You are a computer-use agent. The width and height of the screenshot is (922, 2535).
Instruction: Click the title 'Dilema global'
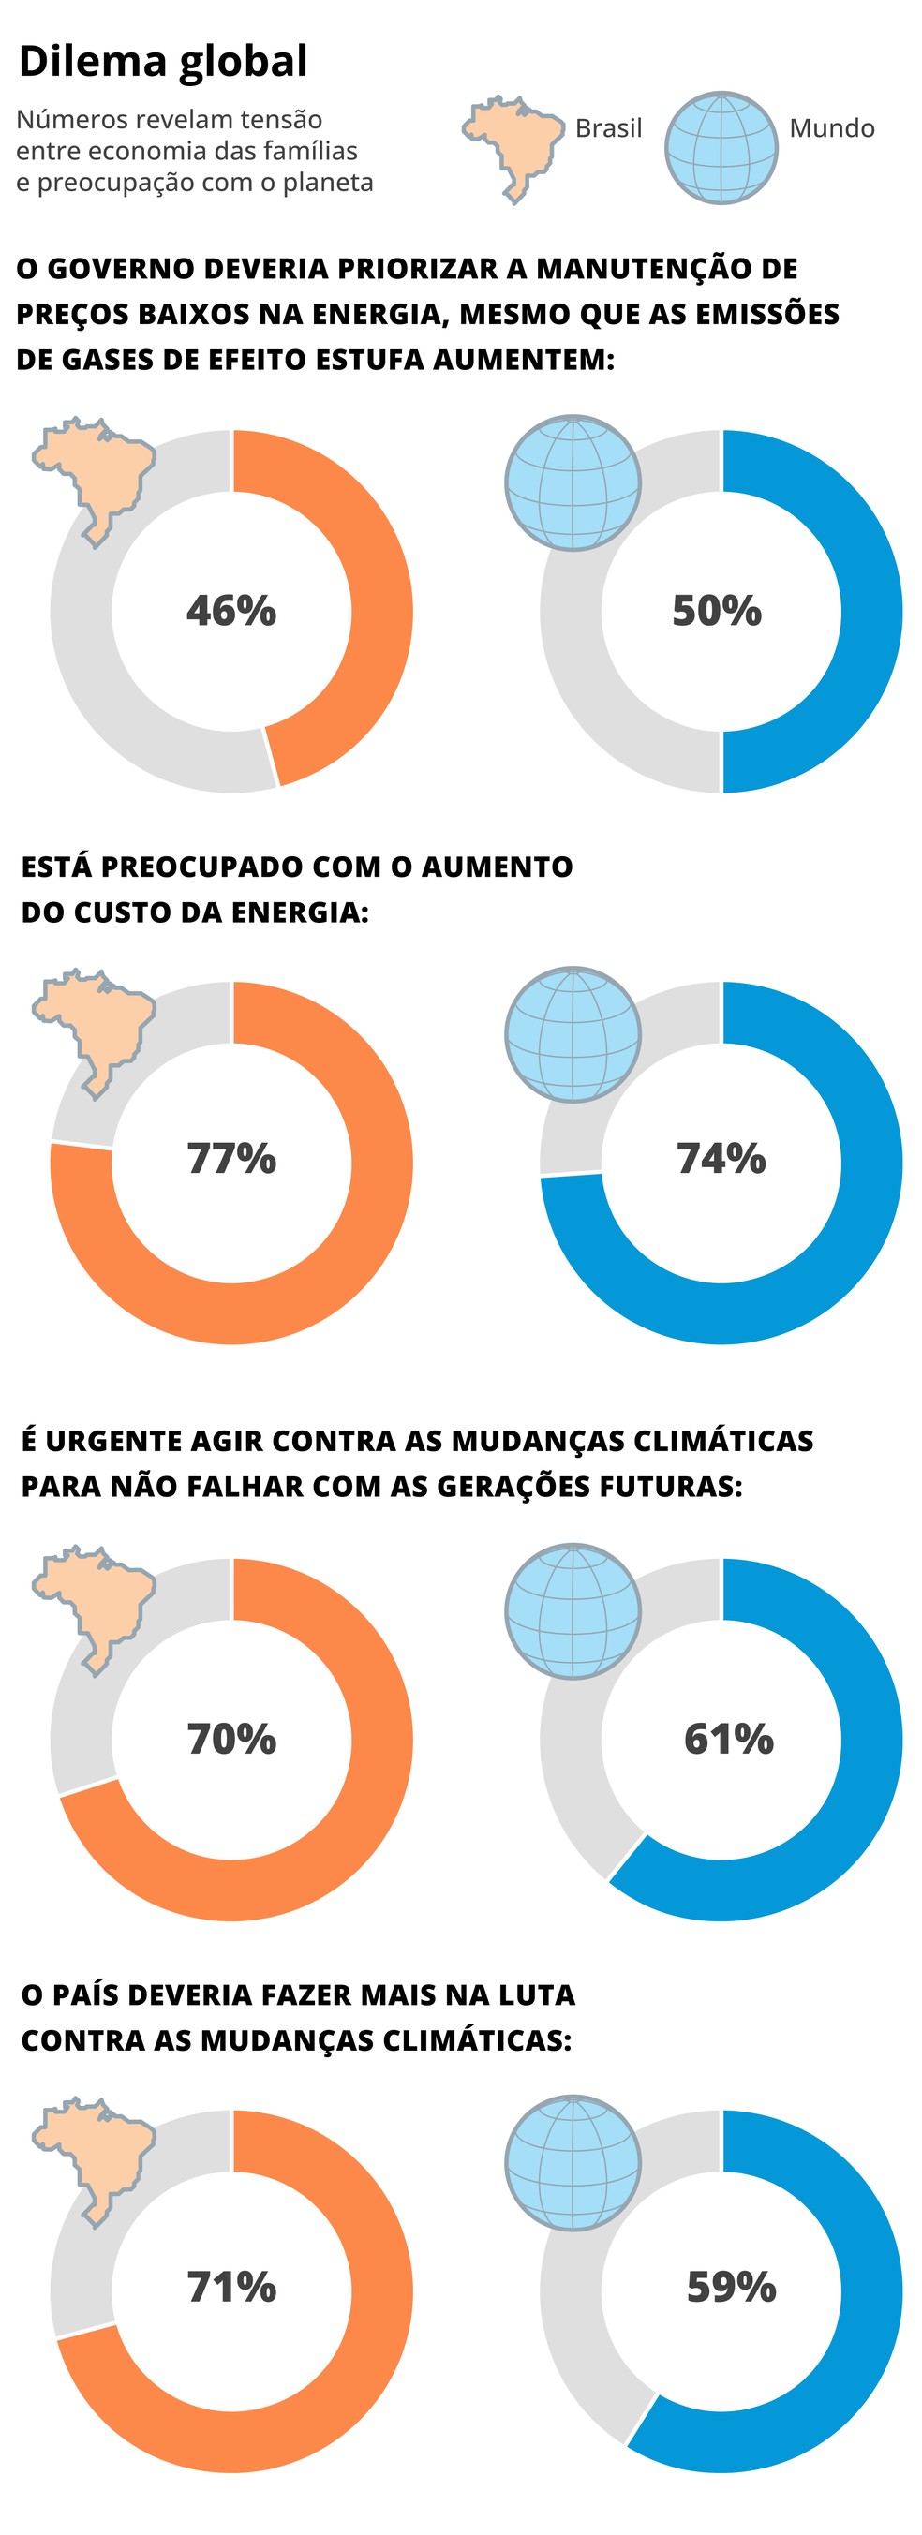coord(163,61)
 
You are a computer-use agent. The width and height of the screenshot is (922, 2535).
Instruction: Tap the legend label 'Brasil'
coord(608,128)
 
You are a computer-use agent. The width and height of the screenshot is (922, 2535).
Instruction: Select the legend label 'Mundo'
coord(831,128)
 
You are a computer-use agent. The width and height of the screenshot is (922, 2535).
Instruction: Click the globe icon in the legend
coord(721,148)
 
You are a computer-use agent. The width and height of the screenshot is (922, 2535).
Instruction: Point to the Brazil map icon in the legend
coord(511,145)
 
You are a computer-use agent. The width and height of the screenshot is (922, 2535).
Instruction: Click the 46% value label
coord(231,610)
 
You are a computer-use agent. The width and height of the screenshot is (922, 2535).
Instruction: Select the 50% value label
coord(717,610)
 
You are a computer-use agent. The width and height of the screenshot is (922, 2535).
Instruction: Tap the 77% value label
coord(231,1158)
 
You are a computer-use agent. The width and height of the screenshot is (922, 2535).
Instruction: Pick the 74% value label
coord(721,1158)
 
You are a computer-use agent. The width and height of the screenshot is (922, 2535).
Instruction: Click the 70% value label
coord(231,1739)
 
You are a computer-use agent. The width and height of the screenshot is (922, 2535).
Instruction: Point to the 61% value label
coord(728,1739)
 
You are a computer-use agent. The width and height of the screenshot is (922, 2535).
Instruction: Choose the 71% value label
coord(231,2287)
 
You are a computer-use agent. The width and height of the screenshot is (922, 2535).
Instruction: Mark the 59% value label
coord(730,2287)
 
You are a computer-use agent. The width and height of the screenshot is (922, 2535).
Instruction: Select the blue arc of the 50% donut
coord(870,610)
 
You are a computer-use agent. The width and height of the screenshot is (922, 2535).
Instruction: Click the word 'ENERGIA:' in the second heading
coord(300,912)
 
